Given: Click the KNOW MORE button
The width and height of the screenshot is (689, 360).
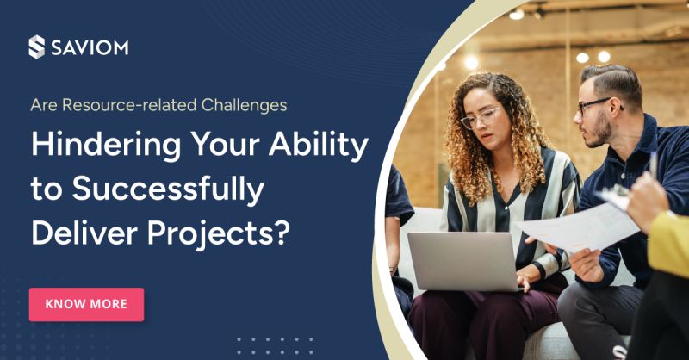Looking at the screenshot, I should pyautogui.click(x=86, y=304).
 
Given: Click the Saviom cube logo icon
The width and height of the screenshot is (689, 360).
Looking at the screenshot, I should pyautogui.click(x=36, y=47).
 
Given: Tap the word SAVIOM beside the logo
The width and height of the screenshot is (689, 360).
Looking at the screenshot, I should pyautogui.click(x=89, y=47).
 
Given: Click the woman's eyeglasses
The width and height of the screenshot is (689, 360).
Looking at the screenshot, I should pyautogui.click(x=480, y=118).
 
